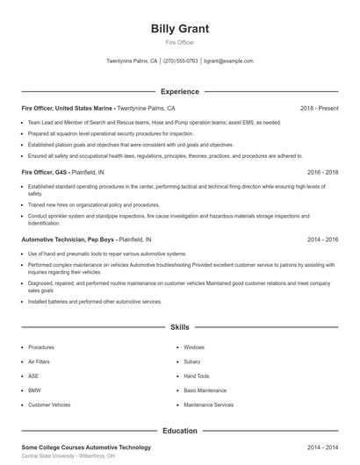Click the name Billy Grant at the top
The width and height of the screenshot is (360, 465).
tap(180, 28)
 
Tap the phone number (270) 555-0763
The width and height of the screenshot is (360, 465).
tap(180, 61)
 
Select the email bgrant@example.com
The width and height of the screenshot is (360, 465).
tap(228, 61)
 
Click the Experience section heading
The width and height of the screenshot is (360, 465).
tap(180, 91)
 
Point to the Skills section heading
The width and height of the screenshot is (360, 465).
tap(180, 327)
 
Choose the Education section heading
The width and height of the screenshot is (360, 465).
tap(180, 431)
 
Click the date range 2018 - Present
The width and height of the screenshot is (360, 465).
tap(319, 108)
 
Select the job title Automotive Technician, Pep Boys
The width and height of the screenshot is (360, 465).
tap(68, 239)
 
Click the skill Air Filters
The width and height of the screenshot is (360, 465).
tap(40, 361)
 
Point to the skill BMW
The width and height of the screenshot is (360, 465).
tap(34, 390)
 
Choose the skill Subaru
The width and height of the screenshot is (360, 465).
tap(192, 361)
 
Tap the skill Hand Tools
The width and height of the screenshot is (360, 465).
tap(197, 376)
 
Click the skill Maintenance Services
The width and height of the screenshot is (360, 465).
tap(208, 404)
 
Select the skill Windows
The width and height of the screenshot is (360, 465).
tap(194, 347)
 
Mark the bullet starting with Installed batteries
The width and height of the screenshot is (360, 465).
tap(95, 301)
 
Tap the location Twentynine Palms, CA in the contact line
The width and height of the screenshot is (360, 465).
tap(132, 61)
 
